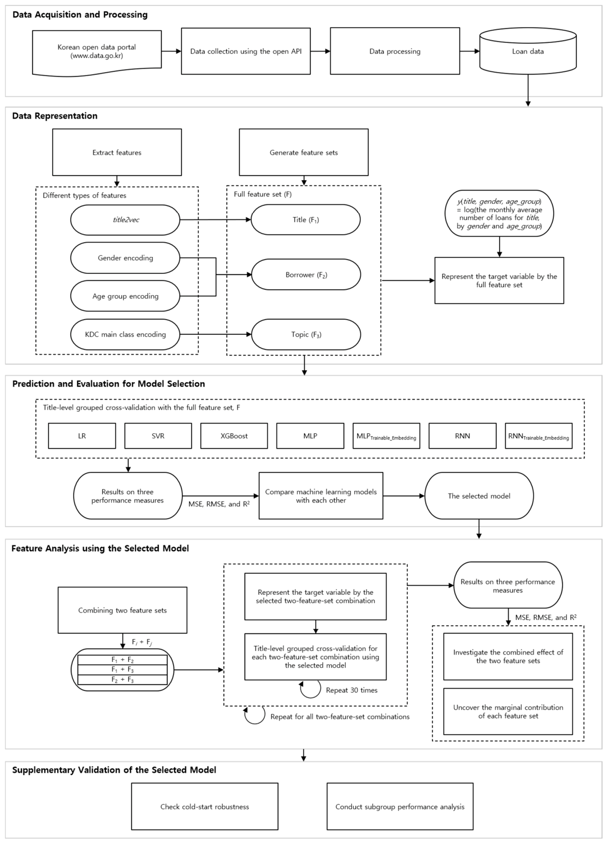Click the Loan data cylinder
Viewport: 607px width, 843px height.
click(528, 51)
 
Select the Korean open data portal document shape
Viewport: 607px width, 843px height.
click(97, 53)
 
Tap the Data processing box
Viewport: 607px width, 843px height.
click(395, 51)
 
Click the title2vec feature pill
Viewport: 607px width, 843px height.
click(125, 220)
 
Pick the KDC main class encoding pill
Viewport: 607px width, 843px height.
click(125, 334)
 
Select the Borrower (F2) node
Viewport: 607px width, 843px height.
click(306, 274)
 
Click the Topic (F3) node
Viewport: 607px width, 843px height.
click(306, 334)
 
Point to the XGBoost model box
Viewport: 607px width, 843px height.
click(234, 436)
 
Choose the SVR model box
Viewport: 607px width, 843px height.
click(158, 436)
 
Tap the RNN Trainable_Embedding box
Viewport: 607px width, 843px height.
click(539, 436)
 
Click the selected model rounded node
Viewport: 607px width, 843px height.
click(479, 496)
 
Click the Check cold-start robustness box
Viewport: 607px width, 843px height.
click(205, 807)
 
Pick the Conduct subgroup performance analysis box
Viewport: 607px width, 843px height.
click(400, 807)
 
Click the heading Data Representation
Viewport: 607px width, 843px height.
click(55, 116)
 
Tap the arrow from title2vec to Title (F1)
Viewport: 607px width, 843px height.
click(216, 219)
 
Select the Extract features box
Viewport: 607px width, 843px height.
click(117, 152)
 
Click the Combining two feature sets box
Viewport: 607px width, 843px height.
click(122, 610)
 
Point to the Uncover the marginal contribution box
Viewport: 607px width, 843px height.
click(508, 711)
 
